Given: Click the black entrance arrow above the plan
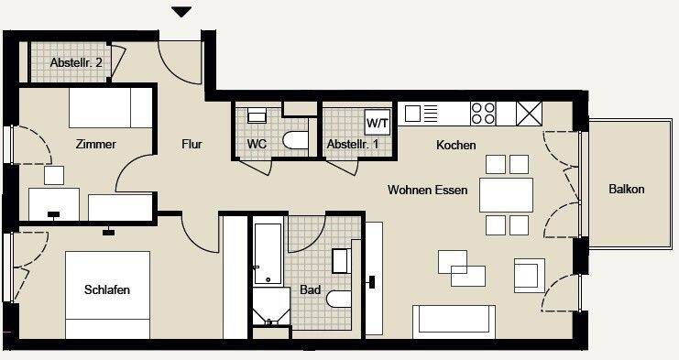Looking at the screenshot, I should click(x=181, y=12).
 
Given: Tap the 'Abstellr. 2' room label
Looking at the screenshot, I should click(x=76, y=62).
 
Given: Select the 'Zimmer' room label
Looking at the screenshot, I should click(x=95, y=144).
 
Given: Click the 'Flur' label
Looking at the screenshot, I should click(x=192, y=144).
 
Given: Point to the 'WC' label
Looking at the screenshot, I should click(x=257, y=144).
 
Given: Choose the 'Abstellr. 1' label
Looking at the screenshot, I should click(x=352, y=144).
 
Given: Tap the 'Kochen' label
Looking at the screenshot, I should click(x=455, y=146).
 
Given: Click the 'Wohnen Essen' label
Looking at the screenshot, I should click(x=428, y=191).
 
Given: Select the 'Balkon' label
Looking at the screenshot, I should click(x=627, y=190).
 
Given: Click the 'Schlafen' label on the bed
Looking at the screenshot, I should click(x=106, y=290).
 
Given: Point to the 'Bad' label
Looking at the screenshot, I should click(x=310, y=290).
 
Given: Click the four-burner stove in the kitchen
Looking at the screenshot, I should click(x=483, y=113).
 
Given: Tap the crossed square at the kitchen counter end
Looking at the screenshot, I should click(x=531, y=113).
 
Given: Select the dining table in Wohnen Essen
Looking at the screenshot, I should click(x=506, y=194).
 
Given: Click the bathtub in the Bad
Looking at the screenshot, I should click(x=268, y=253).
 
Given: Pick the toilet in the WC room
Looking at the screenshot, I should click(x=295, y=139).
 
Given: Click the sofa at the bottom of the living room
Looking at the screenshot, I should click(x=455, y=322).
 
